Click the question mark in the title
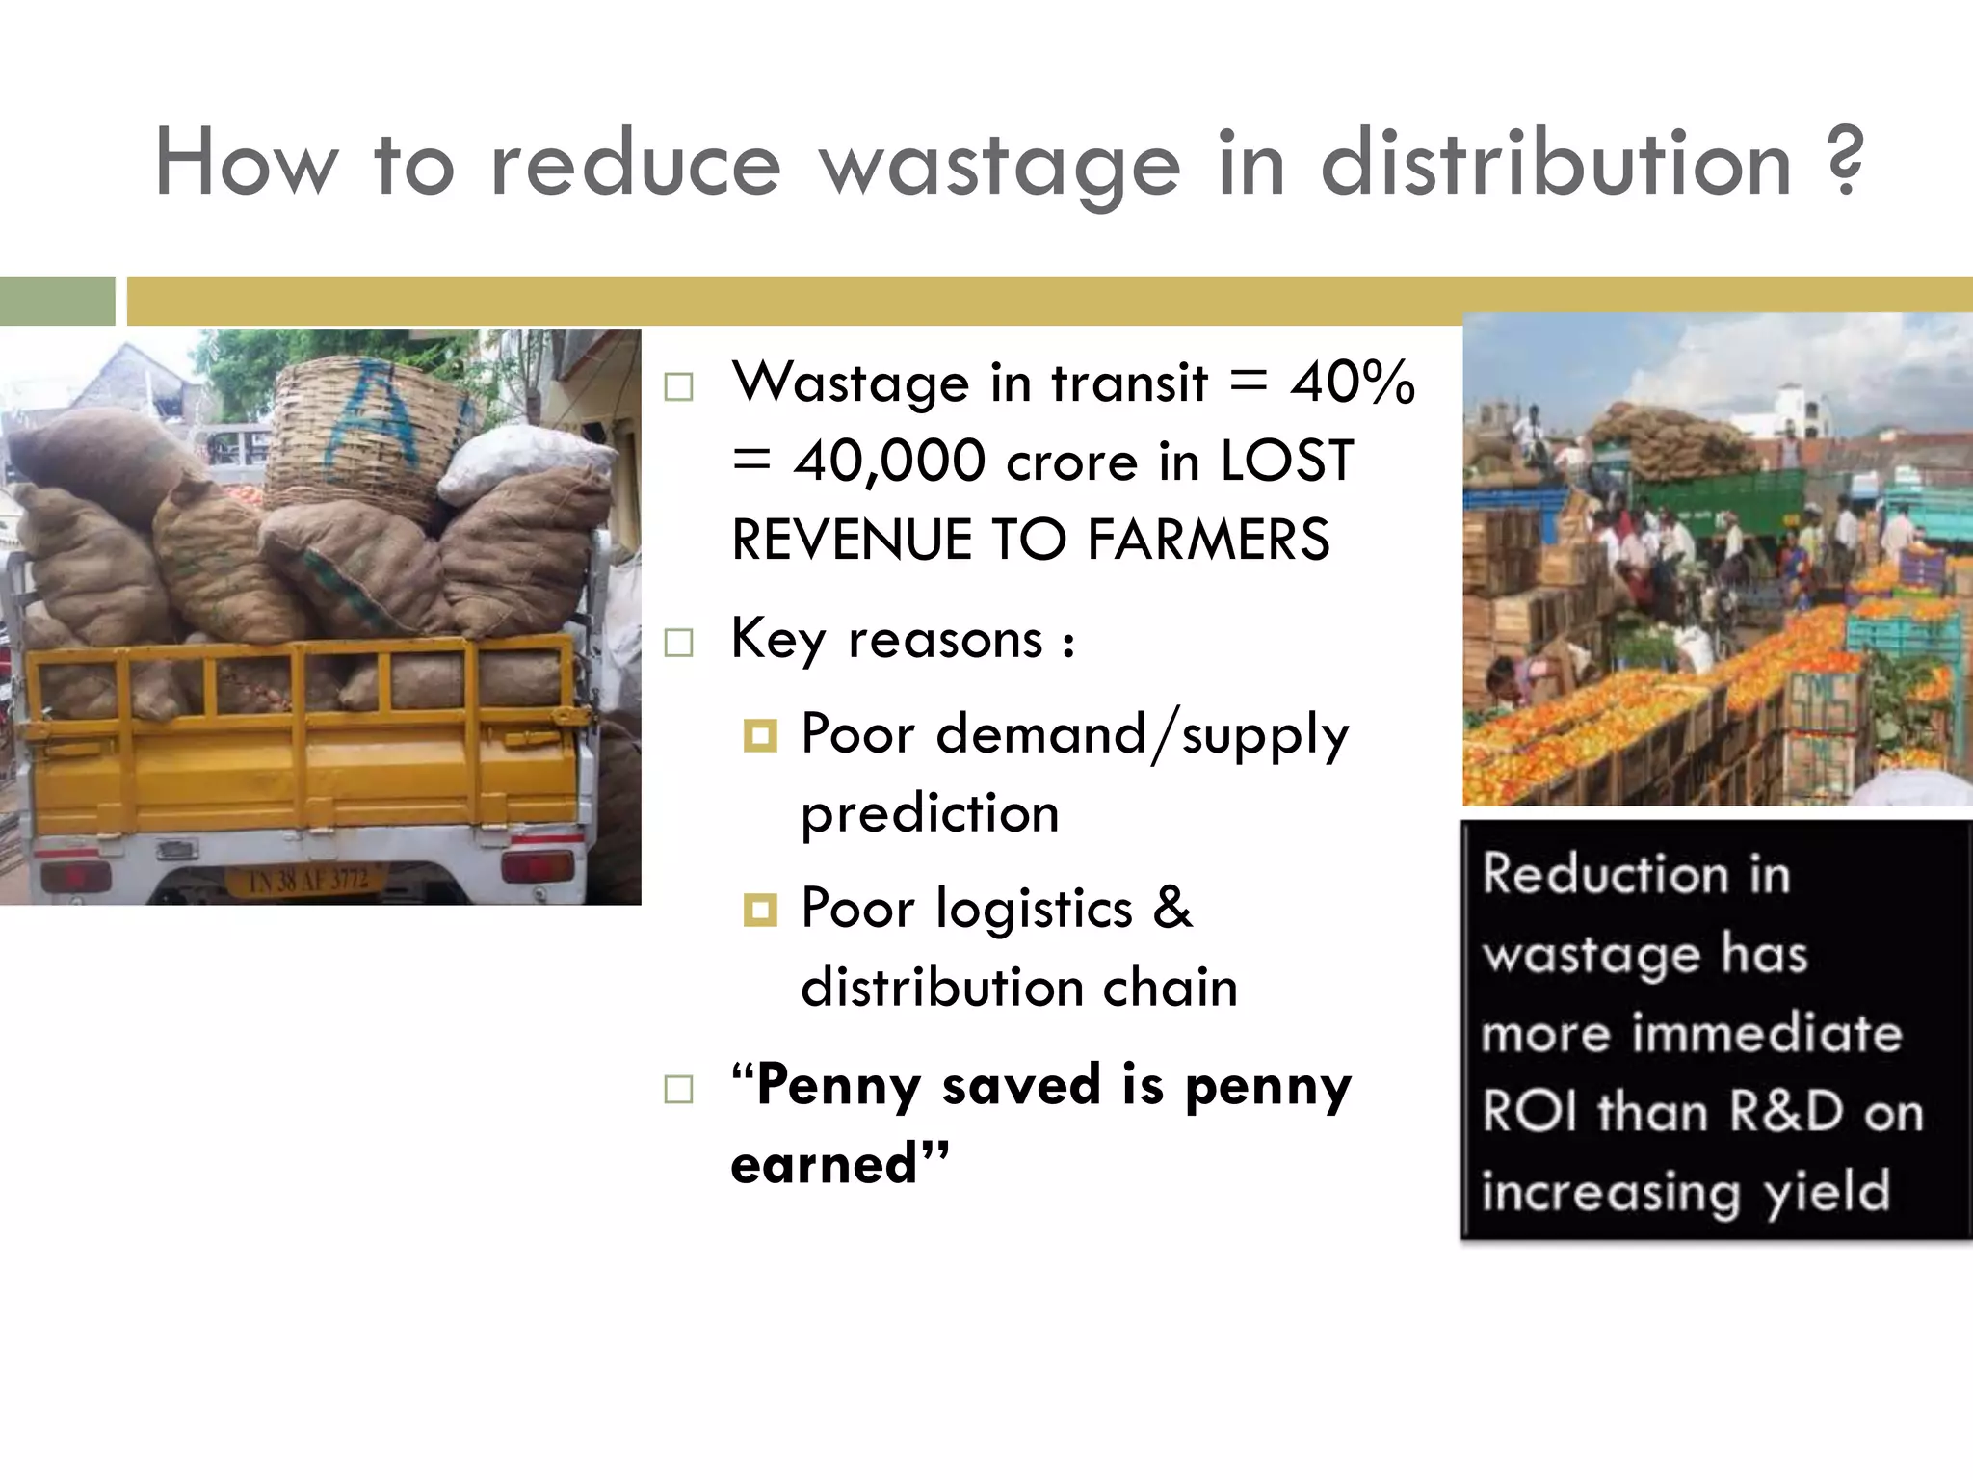1843,162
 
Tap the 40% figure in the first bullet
1353,383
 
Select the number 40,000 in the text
889,461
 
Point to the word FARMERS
1208,539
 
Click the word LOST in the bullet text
1287,461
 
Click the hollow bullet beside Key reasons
679,642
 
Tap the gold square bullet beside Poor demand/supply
760,736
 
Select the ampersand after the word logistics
1172,907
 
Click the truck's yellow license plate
306,879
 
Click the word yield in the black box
1827,1191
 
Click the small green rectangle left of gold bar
57,301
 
